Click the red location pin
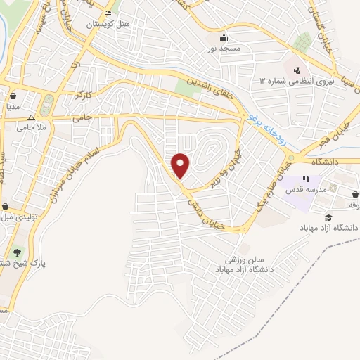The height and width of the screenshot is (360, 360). coord(181,164)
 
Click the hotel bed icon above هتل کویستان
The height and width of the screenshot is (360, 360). coord(107,13)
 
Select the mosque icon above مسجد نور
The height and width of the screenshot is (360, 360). coord(224,37)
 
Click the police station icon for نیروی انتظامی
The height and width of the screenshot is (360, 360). coord(296,70)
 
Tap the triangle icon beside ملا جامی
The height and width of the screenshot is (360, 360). coord(30,117)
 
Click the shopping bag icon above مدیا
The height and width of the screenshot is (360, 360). coord(13,97)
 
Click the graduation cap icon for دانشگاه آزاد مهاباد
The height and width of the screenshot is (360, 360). coord(328,217)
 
